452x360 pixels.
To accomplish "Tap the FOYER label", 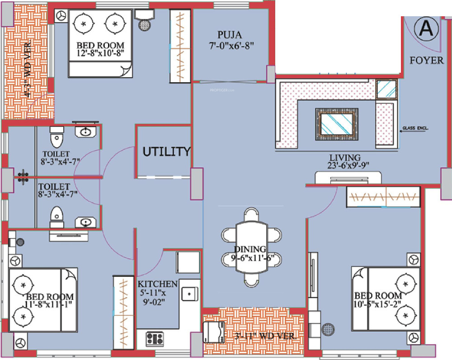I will [427, 60].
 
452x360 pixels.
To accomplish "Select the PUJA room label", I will [229, 34].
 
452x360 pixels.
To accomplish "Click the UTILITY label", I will [166, 152].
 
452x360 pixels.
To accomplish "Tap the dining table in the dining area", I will [250, 248].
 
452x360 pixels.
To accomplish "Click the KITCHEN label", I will [157, 284].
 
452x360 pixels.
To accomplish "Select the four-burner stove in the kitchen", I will [155, 339].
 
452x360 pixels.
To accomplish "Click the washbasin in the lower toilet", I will [85, 222].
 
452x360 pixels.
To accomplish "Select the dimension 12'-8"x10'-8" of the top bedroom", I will [100, 54].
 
